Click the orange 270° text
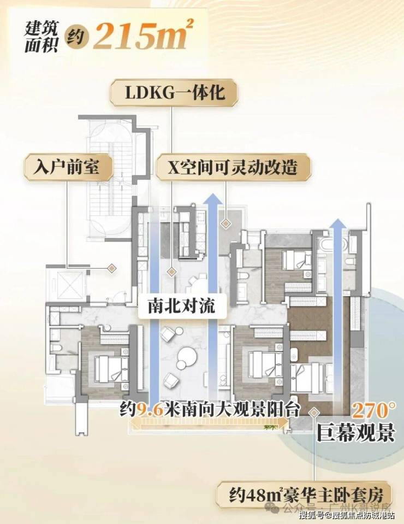click(373, 410)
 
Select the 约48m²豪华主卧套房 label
click(304, 495)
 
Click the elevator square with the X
click(66, 282)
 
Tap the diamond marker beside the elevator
click(111, 268)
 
